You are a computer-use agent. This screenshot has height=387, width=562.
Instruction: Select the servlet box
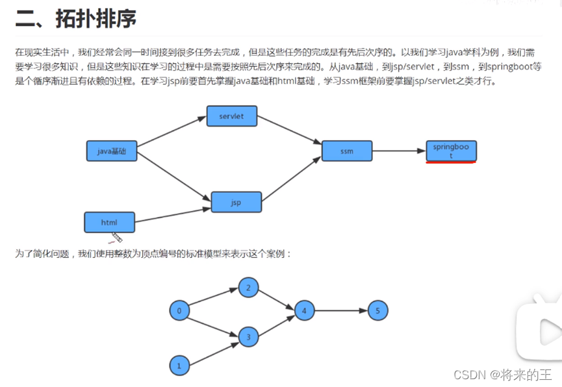tap(231, 116)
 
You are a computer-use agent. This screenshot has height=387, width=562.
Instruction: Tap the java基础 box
tap(112, 151)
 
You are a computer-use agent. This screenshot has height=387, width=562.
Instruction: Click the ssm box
tap(346, 151)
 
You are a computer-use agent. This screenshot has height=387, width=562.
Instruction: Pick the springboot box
tap(451, 151)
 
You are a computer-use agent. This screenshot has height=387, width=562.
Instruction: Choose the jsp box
tap(236, 202)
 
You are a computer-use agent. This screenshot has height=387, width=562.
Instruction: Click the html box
tap(109, 222)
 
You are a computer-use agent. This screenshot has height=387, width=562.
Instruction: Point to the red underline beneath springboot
tap(451, 162)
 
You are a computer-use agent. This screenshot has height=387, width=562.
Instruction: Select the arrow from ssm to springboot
tap(398, 151)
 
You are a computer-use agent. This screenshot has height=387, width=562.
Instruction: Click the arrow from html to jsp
tap(173, 214)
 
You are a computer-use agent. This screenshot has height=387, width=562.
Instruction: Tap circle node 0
tap(179, 311)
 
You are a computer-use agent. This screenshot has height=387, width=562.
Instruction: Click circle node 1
tap(179, 366)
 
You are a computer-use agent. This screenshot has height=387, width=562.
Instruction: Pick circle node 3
tap(248, 337)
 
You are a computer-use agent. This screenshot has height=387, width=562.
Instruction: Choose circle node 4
tap(303, 311)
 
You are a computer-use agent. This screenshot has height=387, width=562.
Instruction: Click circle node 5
tap(377, 311)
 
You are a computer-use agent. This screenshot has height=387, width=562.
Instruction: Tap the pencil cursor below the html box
tap(117, 237)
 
